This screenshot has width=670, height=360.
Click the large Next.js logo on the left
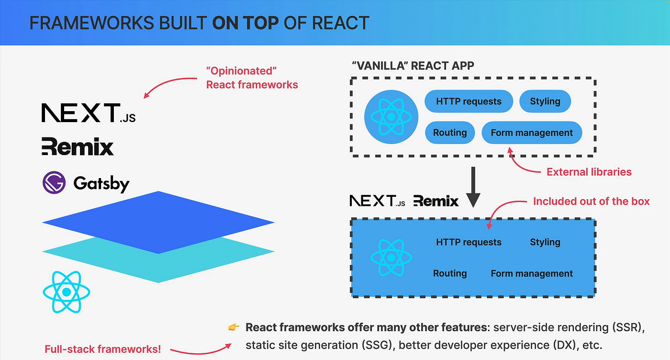[x=89, y=113]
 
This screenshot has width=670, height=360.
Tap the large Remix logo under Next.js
[x=78, y=146]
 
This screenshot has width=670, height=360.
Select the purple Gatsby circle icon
[x=54, y=182]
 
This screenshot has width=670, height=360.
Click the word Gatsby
[x=101, y=183]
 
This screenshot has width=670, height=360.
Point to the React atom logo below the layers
[x=67, y=292]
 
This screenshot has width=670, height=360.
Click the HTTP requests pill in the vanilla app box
[x=469, y=101]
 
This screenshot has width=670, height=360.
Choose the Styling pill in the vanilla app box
[x=545, y=101]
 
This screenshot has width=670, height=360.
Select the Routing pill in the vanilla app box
[x=450, y=132]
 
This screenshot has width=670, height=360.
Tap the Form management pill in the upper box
[x=532, y=132]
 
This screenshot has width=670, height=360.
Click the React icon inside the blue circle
[x=391, y=117]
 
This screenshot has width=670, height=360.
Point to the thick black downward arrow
[x=473, y=187]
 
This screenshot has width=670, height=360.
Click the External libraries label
[x=589, y=172]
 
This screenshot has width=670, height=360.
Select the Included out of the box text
[x=592, y=201]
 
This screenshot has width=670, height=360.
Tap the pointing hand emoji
[x=234, y=327]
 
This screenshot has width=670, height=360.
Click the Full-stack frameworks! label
[x=102, y=349]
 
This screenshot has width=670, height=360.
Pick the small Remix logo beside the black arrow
[x=436, y=201]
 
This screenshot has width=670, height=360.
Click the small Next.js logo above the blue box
[x=378, y=201]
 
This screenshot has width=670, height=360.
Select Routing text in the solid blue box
[x=450, y=273]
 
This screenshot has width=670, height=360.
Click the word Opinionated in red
[x=241, y=71]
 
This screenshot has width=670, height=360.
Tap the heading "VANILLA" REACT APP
[x=413, y=66]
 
